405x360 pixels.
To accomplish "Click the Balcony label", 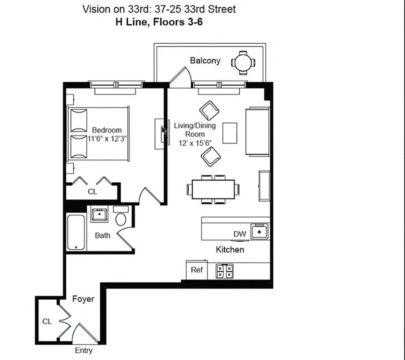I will click(205, 60).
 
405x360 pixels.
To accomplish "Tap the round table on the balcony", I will click(243, 62).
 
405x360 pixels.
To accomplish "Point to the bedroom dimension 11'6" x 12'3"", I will click(107, 139).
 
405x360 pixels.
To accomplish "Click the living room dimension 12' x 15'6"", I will click(194, 142).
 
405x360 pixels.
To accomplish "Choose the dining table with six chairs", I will click(213, 188).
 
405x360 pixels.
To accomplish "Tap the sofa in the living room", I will click(257, 132).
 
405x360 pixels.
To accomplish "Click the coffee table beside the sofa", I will click(229, 133).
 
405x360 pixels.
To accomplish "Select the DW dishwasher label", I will click(239, 234).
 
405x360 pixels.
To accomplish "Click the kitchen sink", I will click(260, 232).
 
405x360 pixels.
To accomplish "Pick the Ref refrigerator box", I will click(197, 270).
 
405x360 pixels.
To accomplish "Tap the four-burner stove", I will click(225, 270).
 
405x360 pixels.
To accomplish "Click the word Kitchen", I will click(230, 249).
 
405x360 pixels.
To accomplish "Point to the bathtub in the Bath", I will click(76, 233).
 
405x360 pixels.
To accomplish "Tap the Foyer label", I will click(83, 299).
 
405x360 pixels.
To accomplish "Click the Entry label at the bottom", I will click(84, 351).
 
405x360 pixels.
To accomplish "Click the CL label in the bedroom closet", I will click(92, 192).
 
